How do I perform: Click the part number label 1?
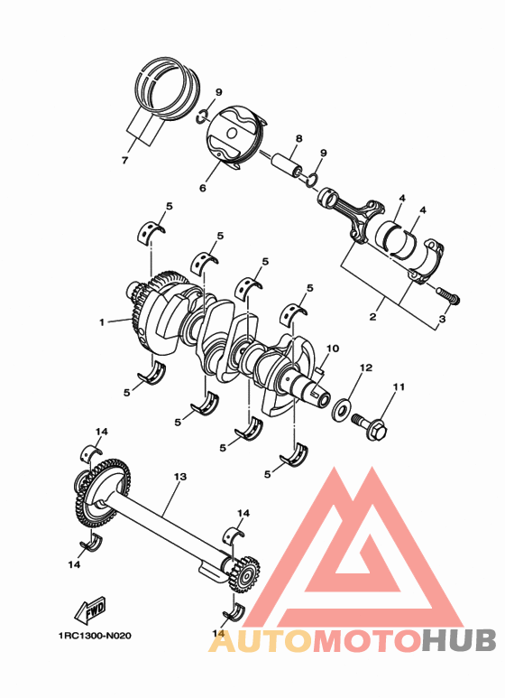coord(102,321)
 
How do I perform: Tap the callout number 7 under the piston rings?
coord(125,161)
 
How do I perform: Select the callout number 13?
coord(179,476)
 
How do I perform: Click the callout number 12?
coord(365,368)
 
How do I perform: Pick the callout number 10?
coord(331,348)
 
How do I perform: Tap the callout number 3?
coord(442,320)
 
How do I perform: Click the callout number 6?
coord(203,188)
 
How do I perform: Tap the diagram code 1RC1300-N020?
coord(88,636)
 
